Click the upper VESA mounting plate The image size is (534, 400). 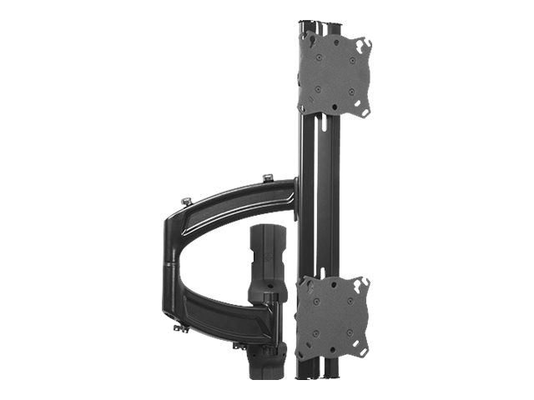[x=334, y=76]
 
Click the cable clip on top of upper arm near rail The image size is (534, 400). [x=267, y=178]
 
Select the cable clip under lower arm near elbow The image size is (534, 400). [x=179, y=328]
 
